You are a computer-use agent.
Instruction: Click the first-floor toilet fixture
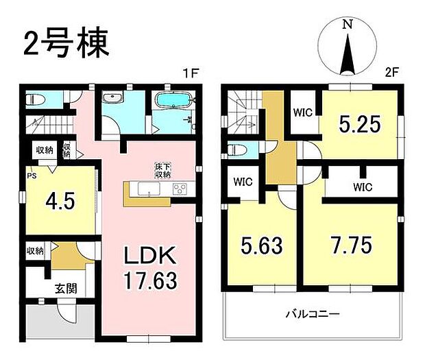click(x=35, y=100)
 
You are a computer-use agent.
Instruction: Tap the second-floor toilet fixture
click(x=236, y=149)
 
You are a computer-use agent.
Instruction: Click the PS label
click(x=31, y=176)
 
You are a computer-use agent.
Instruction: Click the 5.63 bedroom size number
click(x=261, y=245)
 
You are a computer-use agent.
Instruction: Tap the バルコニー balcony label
click(x=312, y=315)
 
